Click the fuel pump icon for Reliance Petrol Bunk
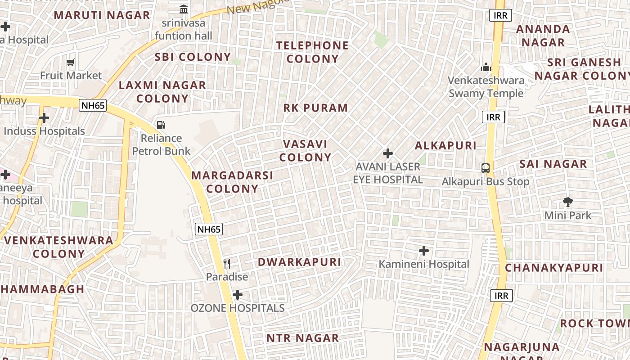point(161,125)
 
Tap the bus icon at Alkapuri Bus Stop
point(485,168)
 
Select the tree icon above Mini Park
point(568,202)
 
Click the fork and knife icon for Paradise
point(227,264)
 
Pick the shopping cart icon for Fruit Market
point(70,62)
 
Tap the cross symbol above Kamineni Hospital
point(423,251)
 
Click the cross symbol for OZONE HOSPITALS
point(238,295)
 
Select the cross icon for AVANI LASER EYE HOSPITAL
point(387,153)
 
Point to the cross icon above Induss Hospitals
point(44,118)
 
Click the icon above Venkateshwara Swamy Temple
point(486,67)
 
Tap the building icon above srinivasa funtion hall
point(184,9)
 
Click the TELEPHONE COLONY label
point(312,52)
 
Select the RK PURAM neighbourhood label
point(315,108)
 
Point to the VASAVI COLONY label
point(305,150)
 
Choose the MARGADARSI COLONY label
point(232,182)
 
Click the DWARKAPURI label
point(299,262)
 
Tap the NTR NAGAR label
point(302,338)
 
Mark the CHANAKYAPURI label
point(553,268)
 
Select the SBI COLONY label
point(193,57)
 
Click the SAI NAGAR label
point(553,164)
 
